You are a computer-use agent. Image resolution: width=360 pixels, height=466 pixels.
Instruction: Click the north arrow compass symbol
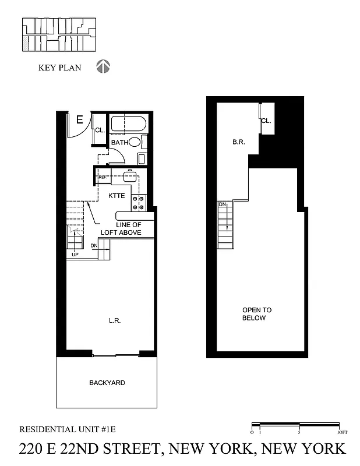(103, 67)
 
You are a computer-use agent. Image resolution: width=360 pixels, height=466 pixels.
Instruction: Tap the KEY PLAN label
(60, 68)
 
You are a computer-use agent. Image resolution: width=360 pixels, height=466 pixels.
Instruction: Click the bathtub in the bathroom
(129, 124)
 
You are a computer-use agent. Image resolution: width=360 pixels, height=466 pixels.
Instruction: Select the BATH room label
(119, 143)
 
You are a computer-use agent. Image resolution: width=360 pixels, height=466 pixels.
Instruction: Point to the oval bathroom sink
(135, 142)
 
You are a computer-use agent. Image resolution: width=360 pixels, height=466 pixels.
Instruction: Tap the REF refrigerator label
(102, 177)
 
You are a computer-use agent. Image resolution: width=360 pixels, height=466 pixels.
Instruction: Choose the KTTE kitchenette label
(117, 196)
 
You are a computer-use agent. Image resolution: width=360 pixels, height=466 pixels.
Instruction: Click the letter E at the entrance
(80, 121)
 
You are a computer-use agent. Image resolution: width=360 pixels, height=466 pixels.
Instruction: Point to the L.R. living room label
(114, 321)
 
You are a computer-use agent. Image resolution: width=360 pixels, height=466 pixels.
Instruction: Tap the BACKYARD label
(107, 383)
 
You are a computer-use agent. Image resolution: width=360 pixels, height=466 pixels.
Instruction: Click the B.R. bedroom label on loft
(238, 142)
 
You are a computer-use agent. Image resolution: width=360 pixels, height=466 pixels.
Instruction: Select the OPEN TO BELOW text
(257, 314)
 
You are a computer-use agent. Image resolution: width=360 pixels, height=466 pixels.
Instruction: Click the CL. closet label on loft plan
(266, 121)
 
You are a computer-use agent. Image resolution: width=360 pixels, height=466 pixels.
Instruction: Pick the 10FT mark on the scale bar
(341, 432)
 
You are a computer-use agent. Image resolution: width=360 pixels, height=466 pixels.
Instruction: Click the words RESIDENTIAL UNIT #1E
(68, 429)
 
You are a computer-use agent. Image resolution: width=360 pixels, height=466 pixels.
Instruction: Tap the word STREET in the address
(122, 449)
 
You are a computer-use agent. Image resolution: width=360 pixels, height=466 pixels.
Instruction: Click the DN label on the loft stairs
(222, 204)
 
